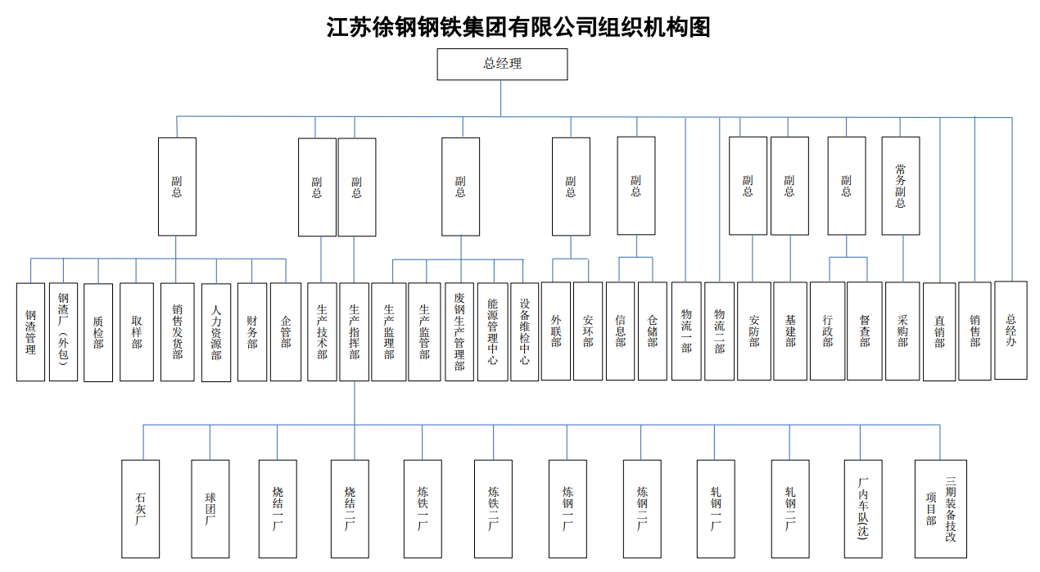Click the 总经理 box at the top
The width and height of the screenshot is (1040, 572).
click(x=502, y=64)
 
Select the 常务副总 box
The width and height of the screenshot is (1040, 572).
click(x=900, y=186)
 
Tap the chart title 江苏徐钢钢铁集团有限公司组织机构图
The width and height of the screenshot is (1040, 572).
click(x=518, y=27)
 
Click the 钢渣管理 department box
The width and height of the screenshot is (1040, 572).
click(x=30, y=332)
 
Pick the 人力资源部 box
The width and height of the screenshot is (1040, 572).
click(x=216, y=332)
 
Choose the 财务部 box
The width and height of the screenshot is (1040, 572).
click(x=252, y=332)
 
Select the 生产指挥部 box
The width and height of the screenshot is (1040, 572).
click(x=355, y=332)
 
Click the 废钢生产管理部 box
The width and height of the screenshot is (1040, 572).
click(x=459, y=332)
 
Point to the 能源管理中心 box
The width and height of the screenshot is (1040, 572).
click(x=493, y=332)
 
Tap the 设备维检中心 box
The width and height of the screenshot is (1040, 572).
click(x=525, y=332)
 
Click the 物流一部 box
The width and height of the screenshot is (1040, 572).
click(x=686, y=331)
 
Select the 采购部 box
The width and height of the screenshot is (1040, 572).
click(x=902, y=331)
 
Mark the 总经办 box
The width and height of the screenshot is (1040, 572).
click(x=1011, y=331)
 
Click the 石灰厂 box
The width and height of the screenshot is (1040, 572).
click(x=140, y=509)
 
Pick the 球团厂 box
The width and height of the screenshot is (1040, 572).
click(x=210, y=509)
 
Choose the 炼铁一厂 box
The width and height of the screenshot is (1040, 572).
click(x=423, y=509)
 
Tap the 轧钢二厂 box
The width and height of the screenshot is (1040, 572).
click(x=790, y=509)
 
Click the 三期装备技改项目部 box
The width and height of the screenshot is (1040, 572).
click(x=941, y=509)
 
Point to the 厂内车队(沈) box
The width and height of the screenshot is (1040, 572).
click(x=863, y=509)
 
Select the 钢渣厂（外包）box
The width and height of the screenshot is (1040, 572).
click(x=63, y=332)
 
